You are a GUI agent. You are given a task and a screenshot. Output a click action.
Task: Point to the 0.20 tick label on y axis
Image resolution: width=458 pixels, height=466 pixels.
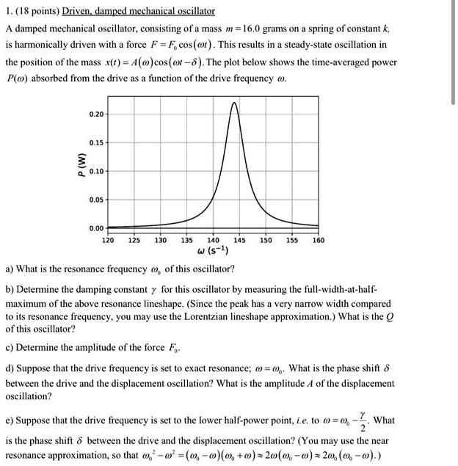[95, 114]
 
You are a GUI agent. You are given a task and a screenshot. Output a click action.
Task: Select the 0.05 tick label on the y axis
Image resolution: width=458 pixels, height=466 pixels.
[95, 197]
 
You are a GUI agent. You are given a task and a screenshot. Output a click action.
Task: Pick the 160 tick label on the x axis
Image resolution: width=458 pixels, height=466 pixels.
[317, 239]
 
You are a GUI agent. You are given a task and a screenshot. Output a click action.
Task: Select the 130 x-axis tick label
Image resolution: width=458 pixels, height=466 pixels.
[160, 239]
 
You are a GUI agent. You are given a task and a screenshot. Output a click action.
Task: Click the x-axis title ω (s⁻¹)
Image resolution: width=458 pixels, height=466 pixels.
[213, 252]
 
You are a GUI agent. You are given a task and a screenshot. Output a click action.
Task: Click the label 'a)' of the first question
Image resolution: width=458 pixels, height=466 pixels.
[10, 268]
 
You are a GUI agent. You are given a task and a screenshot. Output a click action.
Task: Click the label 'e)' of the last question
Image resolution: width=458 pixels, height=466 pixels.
[10, 421]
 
